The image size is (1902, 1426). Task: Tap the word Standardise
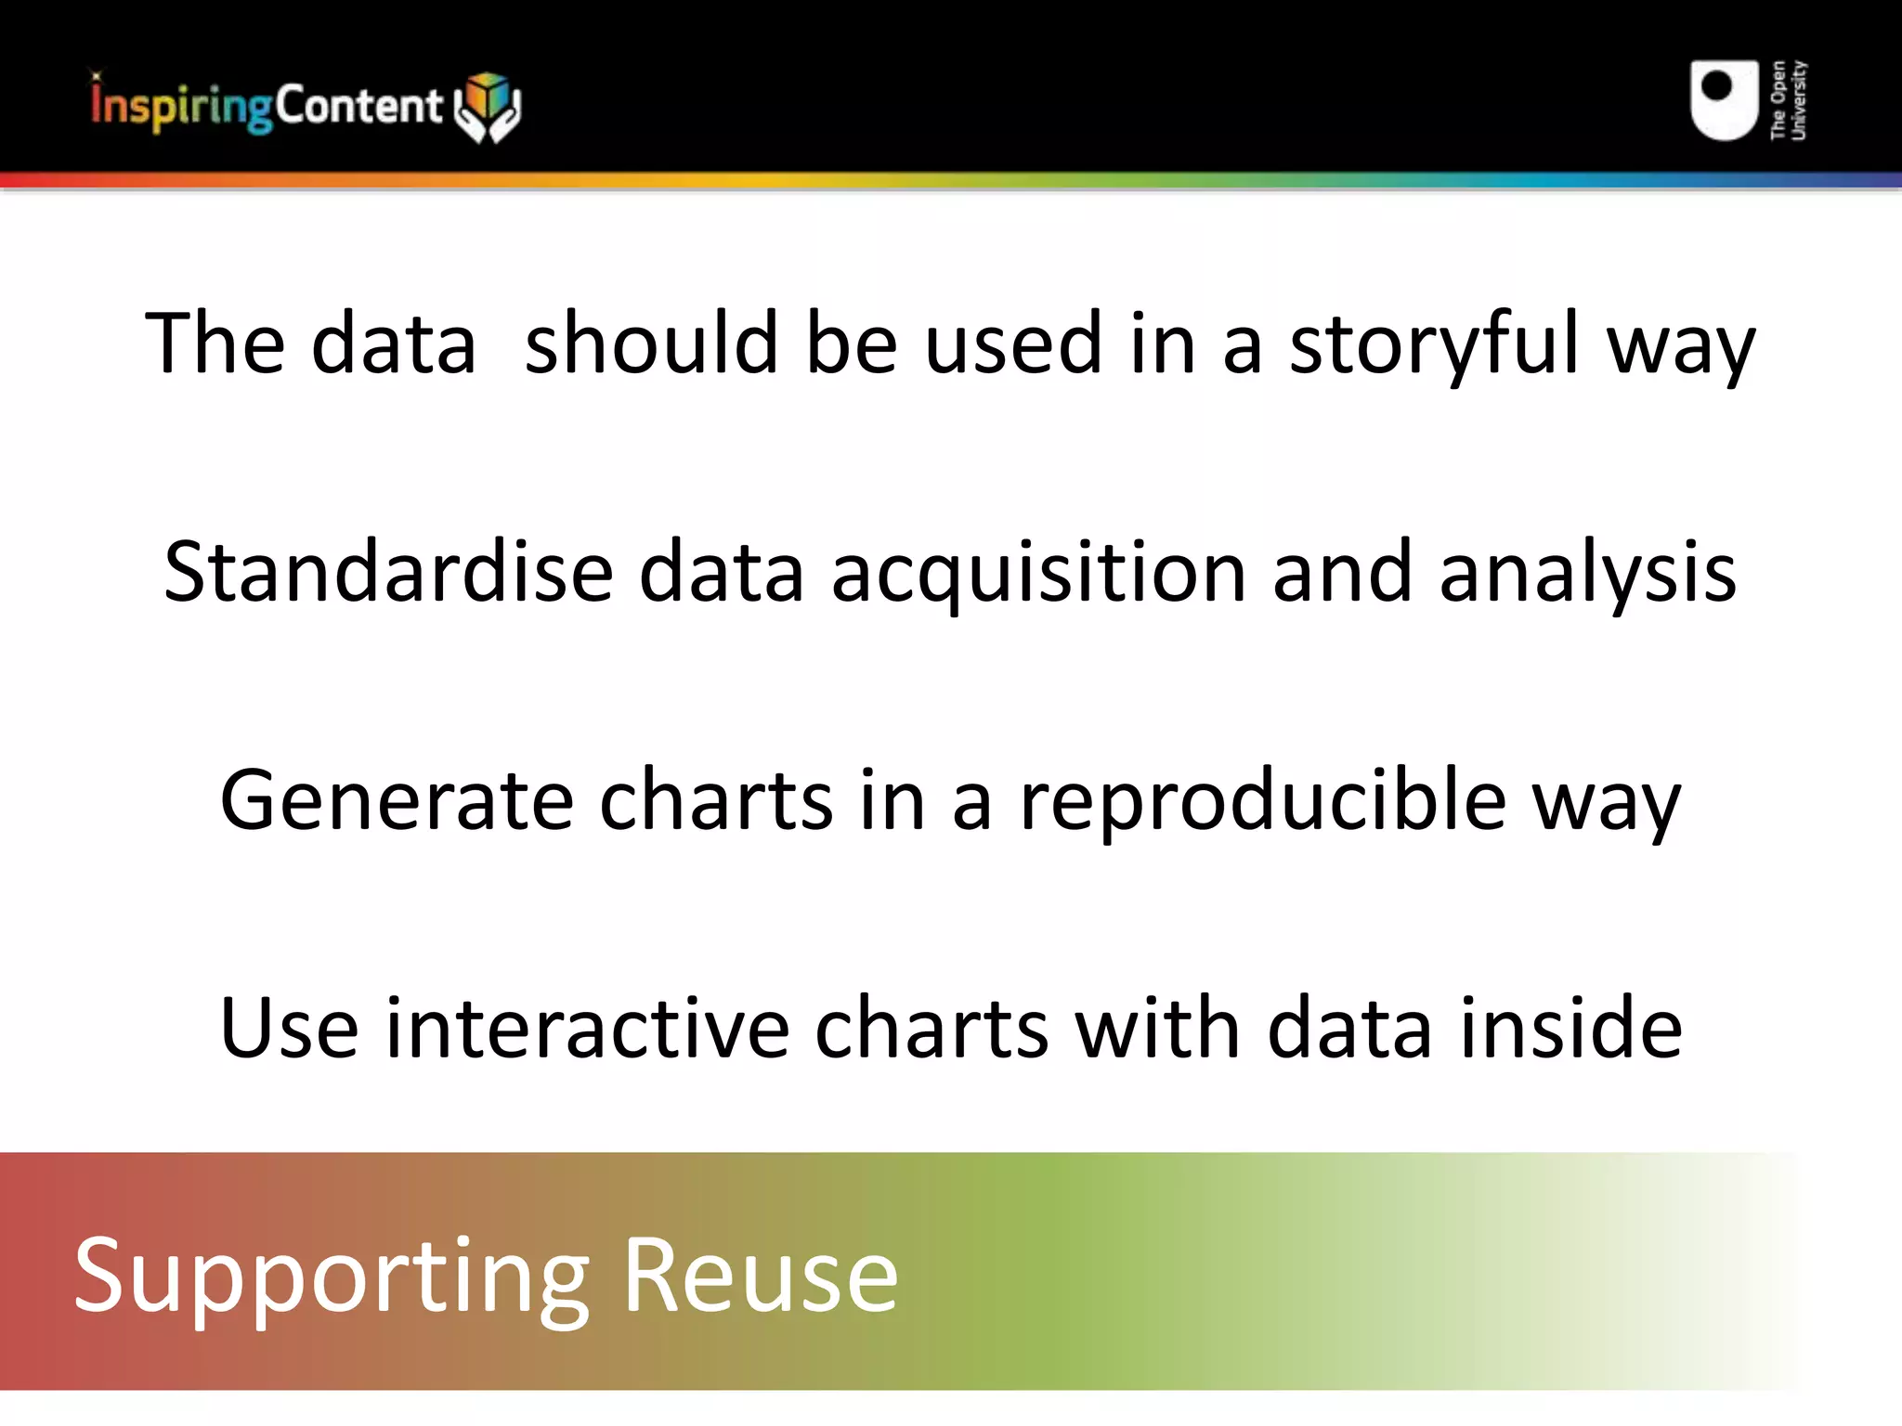[388, 572]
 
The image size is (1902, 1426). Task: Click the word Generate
[397, 800]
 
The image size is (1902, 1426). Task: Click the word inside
[1570, 1028]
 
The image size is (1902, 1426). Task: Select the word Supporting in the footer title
[332, 1279]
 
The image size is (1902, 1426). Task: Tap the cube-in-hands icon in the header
[488, 106]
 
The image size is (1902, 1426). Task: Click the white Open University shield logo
[1724, 100]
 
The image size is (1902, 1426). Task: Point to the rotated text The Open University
[1788, 100]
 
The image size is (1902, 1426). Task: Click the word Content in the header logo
[358, 105]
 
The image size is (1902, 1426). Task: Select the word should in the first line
[651, 344]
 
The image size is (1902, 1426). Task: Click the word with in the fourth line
[1157, 1028]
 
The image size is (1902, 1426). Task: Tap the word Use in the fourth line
[289, 1028]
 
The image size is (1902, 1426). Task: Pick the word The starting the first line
[215, 344]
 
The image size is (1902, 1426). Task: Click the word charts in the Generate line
[716, 800]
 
